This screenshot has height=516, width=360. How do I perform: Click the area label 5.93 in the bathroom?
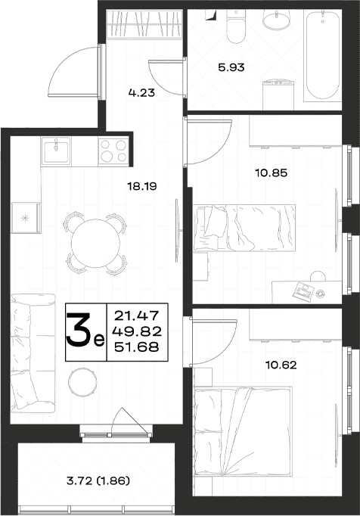[231, 67]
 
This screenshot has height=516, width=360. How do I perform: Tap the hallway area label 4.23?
[141, 92]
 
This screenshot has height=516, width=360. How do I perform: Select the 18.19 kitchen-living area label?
[142, 187]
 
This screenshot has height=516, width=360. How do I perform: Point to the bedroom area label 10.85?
[272, 173]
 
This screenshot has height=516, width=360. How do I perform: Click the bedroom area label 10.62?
[281, 365]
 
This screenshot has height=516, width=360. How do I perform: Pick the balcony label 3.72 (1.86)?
[98, 480]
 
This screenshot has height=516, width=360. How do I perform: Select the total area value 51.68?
[137, 347]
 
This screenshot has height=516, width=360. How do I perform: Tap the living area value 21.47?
[137, 316]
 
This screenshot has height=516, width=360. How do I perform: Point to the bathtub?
[322, 54]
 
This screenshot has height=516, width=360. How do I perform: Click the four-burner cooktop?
[113, 151]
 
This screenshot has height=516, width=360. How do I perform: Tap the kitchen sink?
[56, 151]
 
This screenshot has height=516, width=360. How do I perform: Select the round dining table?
[96, 243]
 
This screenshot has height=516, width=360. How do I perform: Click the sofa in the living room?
[33, 353]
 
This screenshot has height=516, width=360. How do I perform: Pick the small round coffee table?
[82, 382]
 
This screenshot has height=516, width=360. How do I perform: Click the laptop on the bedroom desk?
[303, 291]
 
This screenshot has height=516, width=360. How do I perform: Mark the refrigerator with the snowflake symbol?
[26, 218]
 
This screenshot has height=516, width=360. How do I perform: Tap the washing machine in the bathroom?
[278, 95]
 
